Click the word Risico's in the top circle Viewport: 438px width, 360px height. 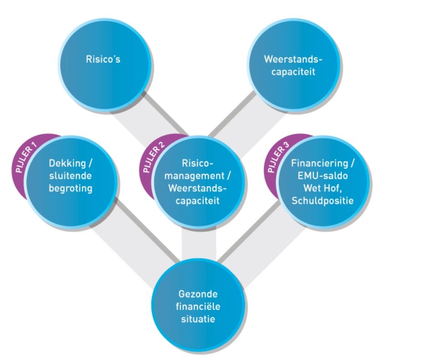tap(103, 60)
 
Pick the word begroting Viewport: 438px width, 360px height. tap(70, 188)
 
